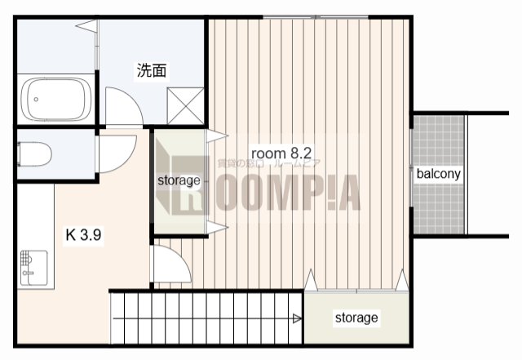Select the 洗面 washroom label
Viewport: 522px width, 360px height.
(151, 71)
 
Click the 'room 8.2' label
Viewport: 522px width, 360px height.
(281, 153)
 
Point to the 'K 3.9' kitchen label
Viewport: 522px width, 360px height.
(82, 235)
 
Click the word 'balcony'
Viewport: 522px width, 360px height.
(439, 174)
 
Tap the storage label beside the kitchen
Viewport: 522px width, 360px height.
(179, 180)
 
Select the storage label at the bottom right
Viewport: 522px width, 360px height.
(356, 318)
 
